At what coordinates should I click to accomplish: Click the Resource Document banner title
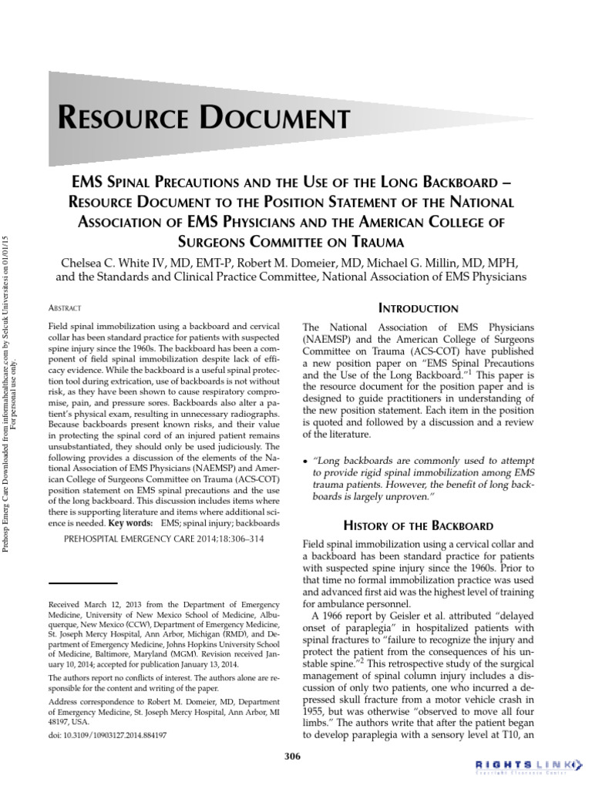coord(204,119)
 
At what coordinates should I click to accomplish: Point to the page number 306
coord(292,756)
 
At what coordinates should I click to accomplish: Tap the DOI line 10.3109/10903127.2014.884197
coord(107,734)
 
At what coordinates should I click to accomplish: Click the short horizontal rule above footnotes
coord(82,584)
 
